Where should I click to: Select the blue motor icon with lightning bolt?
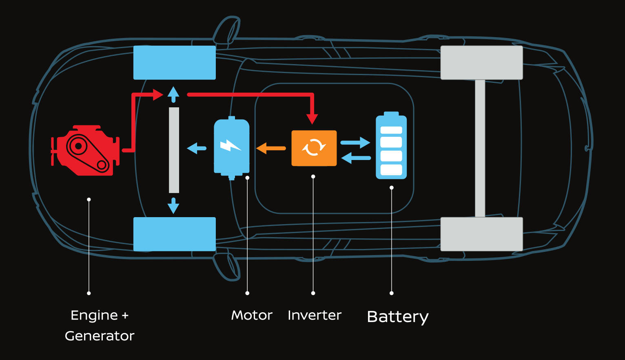pyautogui.click(x=231, y=147)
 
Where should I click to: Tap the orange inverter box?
pyautogui.click(x=314, y=148)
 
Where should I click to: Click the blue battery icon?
pyautogui.click(x=391, y=146)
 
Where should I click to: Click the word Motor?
pyautogui.click(x=251, y=315)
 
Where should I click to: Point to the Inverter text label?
pyautogui.click(x=314, y=315)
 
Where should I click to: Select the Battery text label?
pyautogui.click(x=397, y=317)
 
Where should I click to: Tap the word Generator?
pyautogui.click(x=100, y=336)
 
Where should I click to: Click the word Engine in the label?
pyautogui.click(x=94, y=316)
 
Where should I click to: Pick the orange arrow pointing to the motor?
pyautogui.click(x=270, y=148)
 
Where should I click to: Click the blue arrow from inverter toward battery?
pyautogui.click(x=355, y=142)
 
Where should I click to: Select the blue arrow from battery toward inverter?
pyautogui.click(x=356, y=158)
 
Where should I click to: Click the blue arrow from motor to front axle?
pyautogui.click(x=197, y=148)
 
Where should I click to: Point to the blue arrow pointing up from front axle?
pyautogui.click(x=173, y=94)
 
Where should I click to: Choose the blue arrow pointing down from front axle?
pyautogui.click(x=173, y=206)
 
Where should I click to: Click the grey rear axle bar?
pyautogui.click(x=480, y=148)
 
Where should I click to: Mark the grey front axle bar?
pyautogui.click(x=174, y=150)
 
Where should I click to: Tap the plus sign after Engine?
pyautogui.click(x=125, y=316)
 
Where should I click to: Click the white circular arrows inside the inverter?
pyautogui.click(x=314, y=147)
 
